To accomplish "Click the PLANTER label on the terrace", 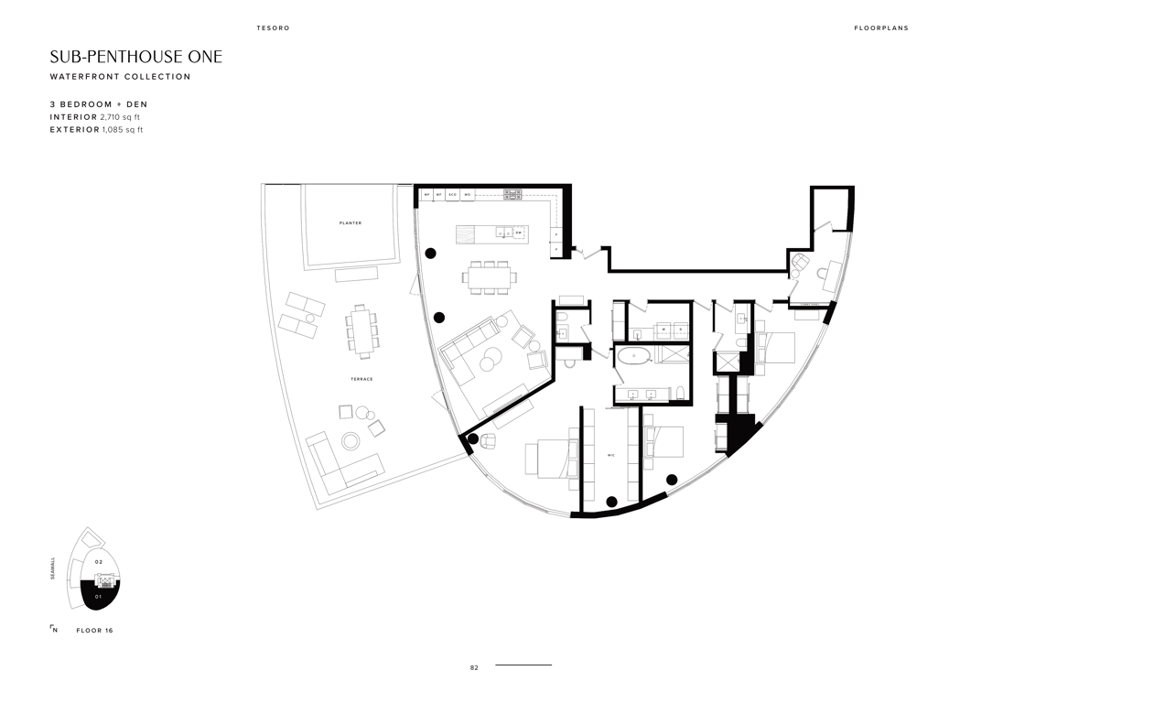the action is pos(350,222).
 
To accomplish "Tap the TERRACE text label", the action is pos(361,379).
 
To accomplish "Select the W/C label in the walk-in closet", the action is pos(610,454).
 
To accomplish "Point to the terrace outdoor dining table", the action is pos(361,330).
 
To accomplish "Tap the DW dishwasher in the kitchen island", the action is pos(518,233).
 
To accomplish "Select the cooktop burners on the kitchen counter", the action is pos(512,194).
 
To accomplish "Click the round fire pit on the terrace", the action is pos(351,441).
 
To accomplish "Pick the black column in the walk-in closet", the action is pos(611,501).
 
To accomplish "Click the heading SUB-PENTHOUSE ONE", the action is pos(135,57).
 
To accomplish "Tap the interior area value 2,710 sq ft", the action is pos(120,117).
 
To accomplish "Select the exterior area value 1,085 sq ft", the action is pos(123,130).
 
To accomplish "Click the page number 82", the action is pos(474,668).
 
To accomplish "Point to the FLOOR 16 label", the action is pos(94,631).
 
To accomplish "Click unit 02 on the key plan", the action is pos(99,561).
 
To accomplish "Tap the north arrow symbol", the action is pos(53,629).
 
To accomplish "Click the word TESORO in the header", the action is pos(273,28).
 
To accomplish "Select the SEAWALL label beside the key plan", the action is pos(53,568).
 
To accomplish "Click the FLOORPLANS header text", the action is pos(880,28).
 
